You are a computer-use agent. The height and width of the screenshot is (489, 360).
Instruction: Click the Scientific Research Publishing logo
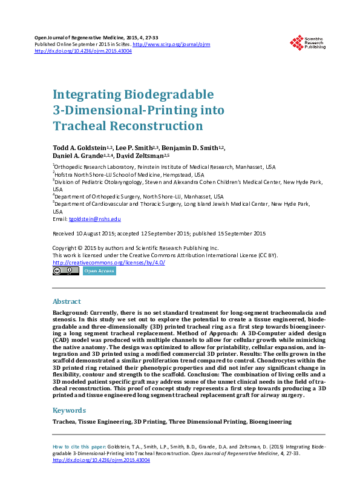(309, 42)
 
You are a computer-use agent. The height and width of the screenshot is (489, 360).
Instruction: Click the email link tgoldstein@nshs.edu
(94, 219)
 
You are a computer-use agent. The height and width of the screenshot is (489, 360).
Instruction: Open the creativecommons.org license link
(109, 263)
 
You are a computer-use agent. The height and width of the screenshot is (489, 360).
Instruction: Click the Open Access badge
(99, 271)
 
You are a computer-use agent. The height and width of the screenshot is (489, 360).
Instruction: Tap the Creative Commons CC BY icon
(65, 271)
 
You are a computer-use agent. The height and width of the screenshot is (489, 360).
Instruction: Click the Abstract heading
(67, 301)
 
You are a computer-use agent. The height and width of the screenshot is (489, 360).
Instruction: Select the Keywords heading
(70, 410)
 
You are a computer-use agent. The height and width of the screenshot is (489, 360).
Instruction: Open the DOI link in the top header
(83, 51)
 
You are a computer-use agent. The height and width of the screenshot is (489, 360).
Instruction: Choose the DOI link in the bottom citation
(101, 460)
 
